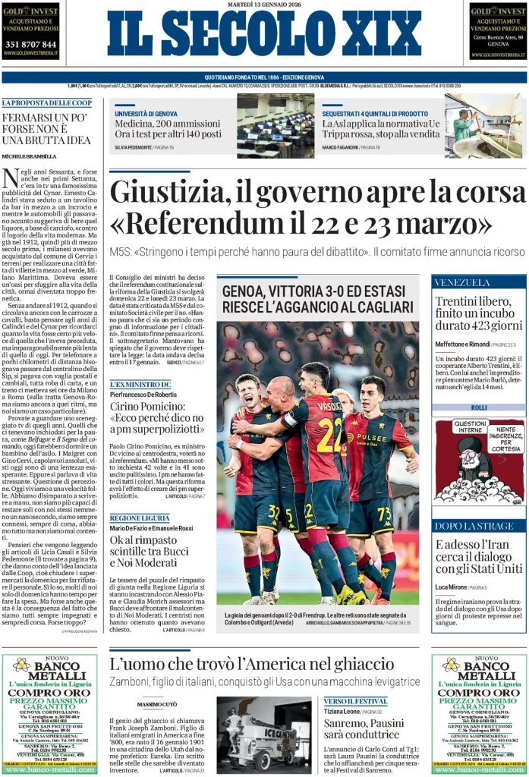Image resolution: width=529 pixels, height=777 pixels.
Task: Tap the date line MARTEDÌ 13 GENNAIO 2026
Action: (264, 5)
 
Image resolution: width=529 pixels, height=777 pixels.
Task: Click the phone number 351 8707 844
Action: (30, 45)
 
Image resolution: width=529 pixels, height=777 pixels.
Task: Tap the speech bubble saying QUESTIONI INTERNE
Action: (470, 427)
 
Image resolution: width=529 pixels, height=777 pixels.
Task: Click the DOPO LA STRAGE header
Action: (464, 526)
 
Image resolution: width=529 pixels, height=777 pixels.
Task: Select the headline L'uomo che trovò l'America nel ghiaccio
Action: (252, 664)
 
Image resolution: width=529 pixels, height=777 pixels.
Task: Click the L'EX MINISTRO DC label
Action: (140, 385)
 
